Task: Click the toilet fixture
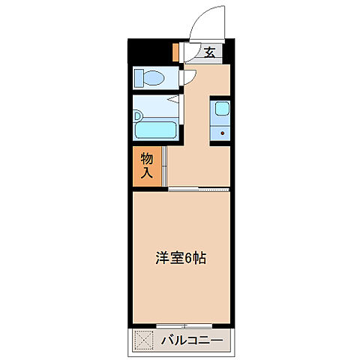[x=152, y=79]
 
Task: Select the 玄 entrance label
[x=210, y=52]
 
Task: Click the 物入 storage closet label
[x=147, y=166]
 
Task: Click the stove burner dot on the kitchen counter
[x=221, y=133]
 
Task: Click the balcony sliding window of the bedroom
[x=182, y=326]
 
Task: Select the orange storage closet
[x=147, y=166]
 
